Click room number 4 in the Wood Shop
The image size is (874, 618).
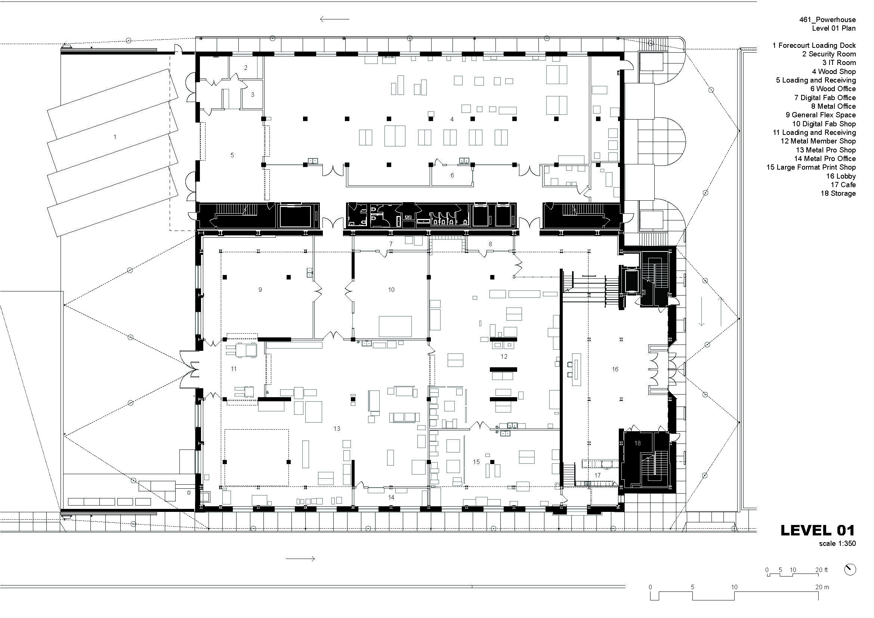click(x=452, y=119)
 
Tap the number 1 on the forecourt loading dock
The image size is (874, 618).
click(x=115, y=137)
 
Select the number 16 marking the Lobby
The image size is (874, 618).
click(x=615, y=369)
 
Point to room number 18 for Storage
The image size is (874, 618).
click(x=638, y=444)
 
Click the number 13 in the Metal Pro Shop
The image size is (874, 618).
click(x=337, y=429)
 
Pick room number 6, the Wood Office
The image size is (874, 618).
click(x=452, y=176)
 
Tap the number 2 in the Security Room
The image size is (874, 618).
click(x=246, y=68)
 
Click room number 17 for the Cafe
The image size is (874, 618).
click(x=597, y=475)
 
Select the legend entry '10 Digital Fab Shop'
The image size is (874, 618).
click(x=824, y=124)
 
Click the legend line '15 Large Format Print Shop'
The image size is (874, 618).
click(x=811, y=167)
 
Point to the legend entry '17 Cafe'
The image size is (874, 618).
click(x=843, y=185)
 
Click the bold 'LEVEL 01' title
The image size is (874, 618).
click(x=818, y=530)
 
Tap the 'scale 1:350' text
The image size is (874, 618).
click(x=837, y=543)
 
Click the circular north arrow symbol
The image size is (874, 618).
click(x=850, y=569)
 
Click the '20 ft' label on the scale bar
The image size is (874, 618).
click(x=821, y=570)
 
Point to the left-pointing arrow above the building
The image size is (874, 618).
click(x=334, y=19)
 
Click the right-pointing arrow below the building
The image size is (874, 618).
click(x=300, y=559)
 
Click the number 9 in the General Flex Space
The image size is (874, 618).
click(x=260, y=290)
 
